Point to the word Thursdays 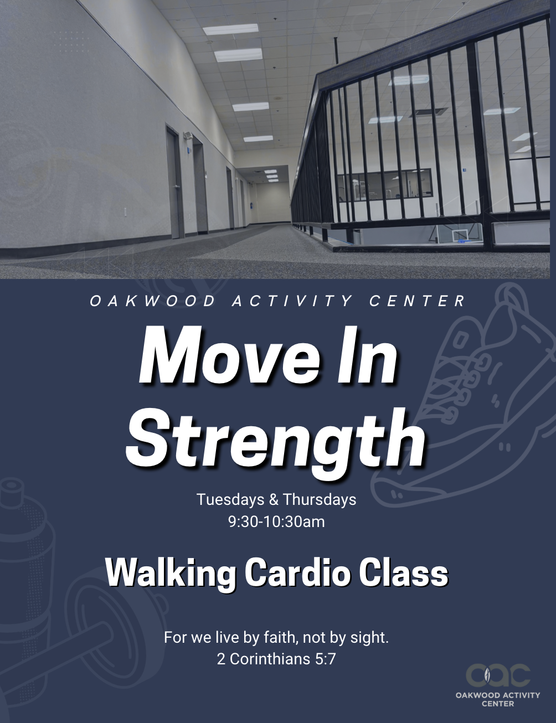pos(320,499)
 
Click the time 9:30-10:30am pos(276,521)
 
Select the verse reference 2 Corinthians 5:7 pos(276,659)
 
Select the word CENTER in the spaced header pos(417,302)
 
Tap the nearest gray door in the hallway pos(176,182)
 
